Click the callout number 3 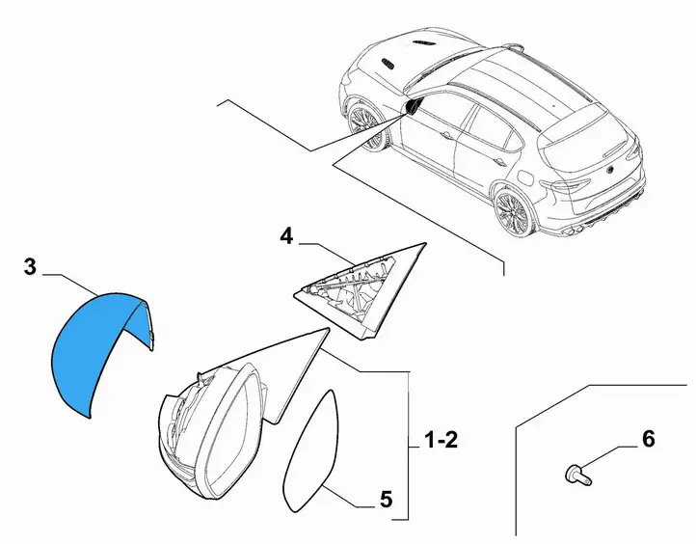click(x=30, y=267)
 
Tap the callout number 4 click(x=286, y=236)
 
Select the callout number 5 click(x=387, y=500)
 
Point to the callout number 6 click(x=649, y=439)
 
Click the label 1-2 click(x=441, y=441)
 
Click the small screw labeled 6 click(x=578, y=475)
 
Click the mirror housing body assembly click(x=230, y=422)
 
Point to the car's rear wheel click(x=514, y=213)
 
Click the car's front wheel click(x=364, y=125)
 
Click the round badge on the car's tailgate click(x=611, y=170)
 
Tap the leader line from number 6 click(x=609, y=455)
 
